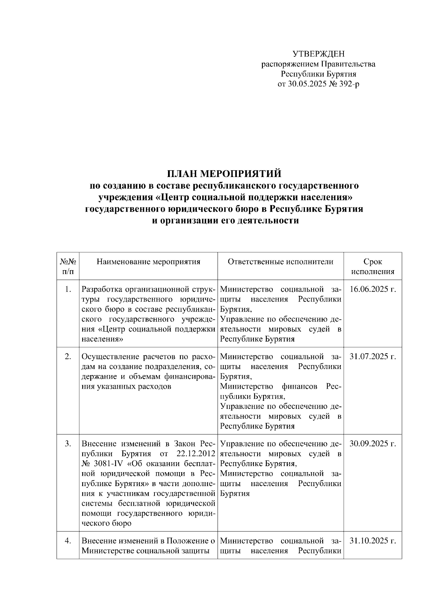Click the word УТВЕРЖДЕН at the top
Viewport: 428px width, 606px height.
point(319,54)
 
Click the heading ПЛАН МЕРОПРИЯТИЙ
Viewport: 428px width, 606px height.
point(224,173)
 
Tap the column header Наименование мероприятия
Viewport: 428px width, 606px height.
point(148,262)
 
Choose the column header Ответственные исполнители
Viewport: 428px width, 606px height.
point(280,262)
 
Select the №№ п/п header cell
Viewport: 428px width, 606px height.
point(68,266)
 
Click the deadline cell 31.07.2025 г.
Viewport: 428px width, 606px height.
point(373,357)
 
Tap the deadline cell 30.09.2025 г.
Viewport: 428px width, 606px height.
point(373,444)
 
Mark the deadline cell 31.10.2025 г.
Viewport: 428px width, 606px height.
point(373,541)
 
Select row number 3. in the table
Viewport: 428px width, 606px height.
point(68,444)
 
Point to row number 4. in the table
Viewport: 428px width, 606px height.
point(68,541)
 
